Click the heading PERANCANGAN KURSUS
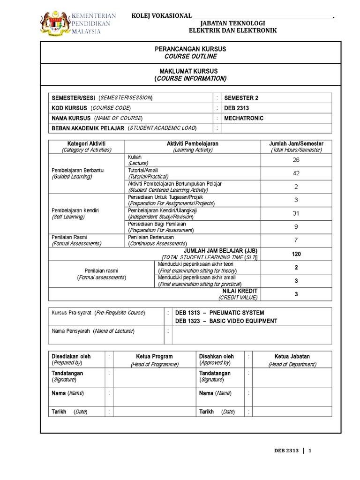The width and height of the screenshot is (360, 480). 190,49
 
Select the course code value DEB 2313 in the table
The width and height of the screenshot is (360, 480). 237,108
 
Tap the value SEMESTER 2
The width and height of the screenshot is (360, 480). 241,98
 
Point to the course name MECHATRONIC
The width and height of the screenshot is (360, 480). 244,118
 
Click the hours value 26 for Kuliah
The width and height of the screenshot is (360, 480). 296,160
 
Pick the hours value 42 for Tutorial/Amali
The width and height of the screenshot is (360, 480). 296,173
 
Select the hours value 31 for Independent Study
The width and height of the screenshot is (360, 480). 296,213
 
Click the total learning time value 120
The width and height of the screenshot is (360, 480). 296,254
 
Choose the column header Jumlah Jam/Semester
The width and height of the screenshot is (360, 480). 296,143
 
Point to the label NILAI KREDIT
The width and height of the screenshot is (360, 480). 243,291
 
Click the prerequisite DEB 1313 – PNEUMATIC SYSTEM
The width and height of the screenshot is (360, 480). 219,313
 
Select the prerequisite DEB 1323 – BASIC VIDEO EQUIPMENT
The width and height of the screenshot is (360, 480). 226,321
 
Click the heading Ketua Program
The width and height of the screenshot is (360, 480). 154,357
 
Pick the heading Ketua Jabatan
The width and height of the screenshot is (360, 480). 292,357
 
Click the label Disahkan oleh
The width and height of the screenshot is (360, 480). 216,357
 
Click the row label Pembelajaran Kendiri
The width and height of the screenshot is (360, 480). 75,210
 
